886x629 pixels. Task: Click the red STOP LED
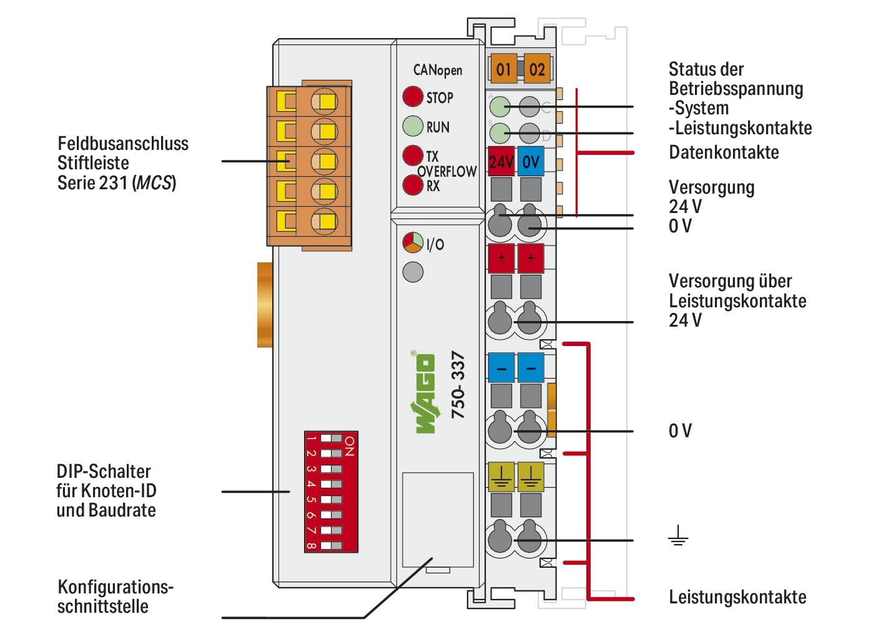tap(412, 97)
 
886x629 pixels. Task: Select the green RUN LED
tap(412, 126)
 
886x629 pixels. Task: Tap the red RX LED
tap(412, 186)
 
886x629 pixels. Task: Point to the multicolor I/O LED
tap(413, 242)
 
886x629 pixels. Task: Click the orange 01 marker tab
tap(504, 69)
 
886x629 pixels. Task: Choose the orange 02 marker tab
tap(536, 69)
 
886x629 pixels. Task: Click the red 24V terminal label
tap(501, 162)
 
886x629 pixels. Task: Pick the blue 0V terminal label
tap(531, 162)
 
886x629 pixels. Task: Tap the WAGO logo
tap(424, 394)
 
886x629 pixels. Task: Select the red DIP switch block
tap(330, 492)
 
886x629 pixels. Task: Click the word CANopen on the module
tap(438, 70)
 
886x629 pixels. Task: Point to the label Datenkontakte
tap(724, 152)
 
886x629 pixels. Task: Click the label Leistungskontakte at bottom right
tap(737, 597)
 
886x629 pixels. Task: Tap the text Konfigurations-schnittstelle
tap(116, 597)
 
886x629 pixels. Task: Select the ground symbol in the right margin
tap(677, 537)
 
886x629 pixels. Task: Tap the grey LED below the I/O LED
tap(413, 272)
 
